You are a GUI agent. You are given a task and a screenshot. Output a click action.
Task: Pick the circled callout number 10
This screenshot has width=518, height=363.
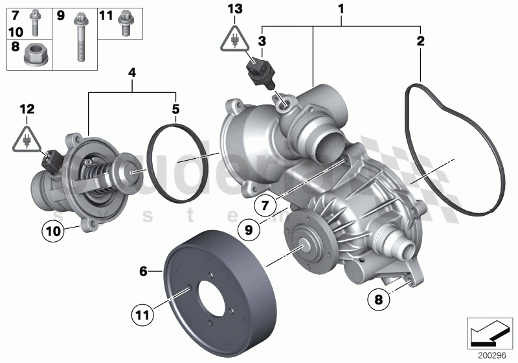coord(52,228)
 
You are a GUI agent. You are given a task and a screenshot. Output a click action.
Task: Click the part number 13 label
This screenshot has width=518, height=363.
coord(236,8)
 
